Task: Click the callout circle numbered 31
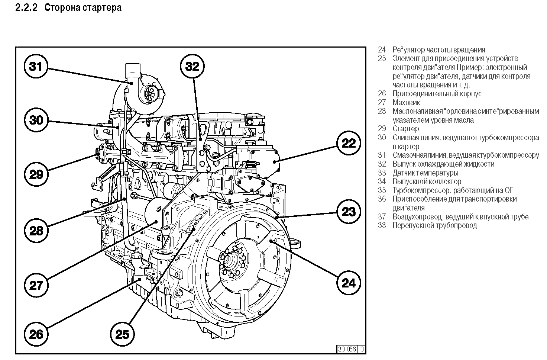[x=36, y=67]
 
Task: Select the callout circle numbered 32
[x=192, y=67]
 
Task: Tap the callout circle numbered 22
[x=349, y=143]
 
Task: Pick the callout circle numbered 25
[x=122, y=334]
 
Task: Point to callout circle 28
[x=36, y=231]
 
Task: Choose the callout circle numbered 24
[x=349, y=283]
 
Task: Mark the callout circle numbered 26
[x=36, y=334]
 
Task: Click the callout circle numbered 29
[x=36, y=174]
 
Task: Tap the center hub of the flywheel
[x=232, y=258]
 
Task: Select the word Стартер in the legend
[x=405, y=129]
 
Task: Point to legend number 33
[x=382, y=173]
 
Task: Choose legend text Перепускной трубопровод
[x=434, y=225]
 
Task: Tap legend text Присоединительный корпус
[x=437, y=94]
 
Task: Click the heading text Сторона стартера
[x=83, y=7]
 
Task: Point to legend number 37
[x=382, y=217]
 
